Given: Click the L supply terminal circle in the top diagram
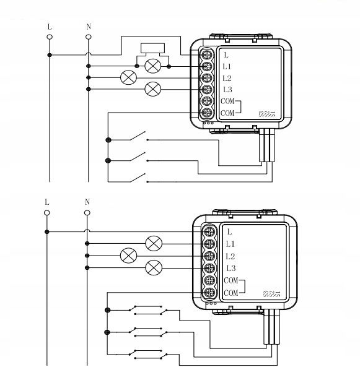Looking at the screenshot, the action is pos(50,37).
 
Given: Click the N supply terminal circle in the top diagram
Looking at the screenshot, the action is pos(89,37).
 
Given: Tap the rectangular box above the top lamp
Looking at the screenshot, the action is pos(153,48).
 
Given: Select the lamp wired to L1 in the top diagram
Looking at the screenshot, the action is pos(153,66).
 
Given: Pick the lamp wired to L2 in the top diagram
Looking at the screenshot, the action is pos(128,77).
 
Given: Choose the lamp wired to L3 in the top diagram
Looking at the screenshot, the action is pos(153,89).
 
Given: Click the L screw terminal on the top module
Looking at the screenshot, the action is pos(206,55).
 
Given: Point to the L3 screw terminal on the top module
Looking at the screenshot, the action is pos(206,90).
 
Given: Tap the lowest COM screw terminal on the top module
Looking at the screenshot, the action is pos(206,113).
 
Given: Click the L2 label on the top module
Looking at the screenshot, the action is pos(227,78).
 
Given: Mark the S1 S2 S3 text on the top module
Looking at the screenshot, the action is pos(267,114).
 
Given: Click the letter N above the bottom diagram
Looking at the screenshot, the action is pos(87,202).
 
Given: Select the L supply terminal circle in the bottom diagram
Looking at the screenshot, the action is pos(47,213).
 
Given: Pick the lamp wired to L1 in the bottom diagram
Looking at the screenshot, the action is pos(154,243).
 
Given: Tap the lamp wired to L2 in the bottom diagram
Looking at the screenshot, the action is pos(129,256).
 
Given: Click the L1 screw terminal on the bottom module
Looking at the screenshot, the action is pos(209,244).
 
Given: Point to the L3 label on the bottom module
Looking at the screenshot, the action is pos(231,268).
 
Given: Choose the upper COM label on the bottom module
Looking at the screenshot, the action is pos(231,280).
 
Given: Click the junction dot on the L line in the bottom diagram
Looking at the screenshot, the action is pos(47,231).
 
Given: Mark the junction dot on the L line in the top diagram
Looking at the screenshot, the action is pos(50,55).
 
